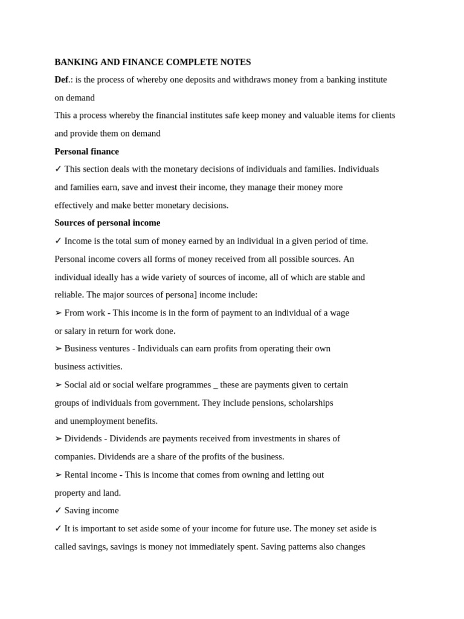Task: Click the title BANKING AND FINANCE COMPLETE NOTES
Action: [x=152, y=62]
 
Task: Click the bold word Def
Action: [x=61, y=80]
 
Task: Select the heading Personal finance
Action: [x=86, y=151]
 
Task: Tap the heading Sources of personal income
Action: [x=107, y=222]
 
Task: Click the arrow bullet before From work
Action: [x=58, y=313]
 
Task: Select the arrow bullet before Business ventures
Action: [x=58, y=349]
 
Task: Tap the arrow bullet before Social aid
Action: [x=58, y=385]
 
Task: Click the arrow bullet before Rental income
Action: [x=58, y=475]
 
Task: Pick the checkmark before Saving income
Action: [x=58, y=511]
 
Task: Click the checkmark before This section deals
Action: [x=58, y=169]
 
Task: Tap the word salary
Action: [x=77, y=331]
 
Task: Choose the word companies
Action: [x=74, y=456]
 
